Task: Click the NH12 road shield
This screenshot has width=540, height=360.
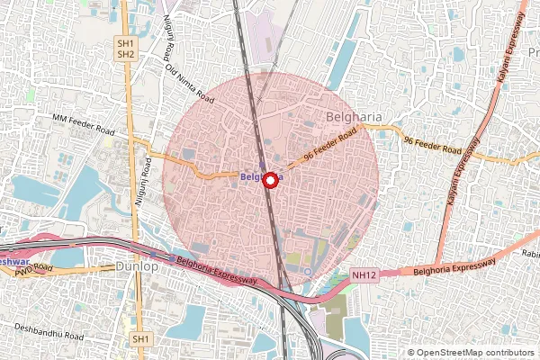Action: pyautogui.click(x=364, y=275)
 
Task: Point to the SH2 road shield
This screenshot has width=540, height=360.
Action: pyautogui.click(x=125, y=54)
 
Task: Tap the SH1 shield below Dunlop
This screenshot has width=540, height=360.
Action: pyautogui.click(x=139, y=338)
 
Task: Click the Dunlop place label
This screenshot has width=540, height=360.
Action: pyautogui.click(x=138, y=267)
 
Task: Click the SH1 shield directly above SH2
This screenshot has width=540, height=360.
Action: pyautogui.click(x=125, y=42)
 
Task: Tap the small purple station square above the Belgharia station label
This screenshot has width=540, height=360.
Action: pyautogui.click(x=263, y=166)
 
